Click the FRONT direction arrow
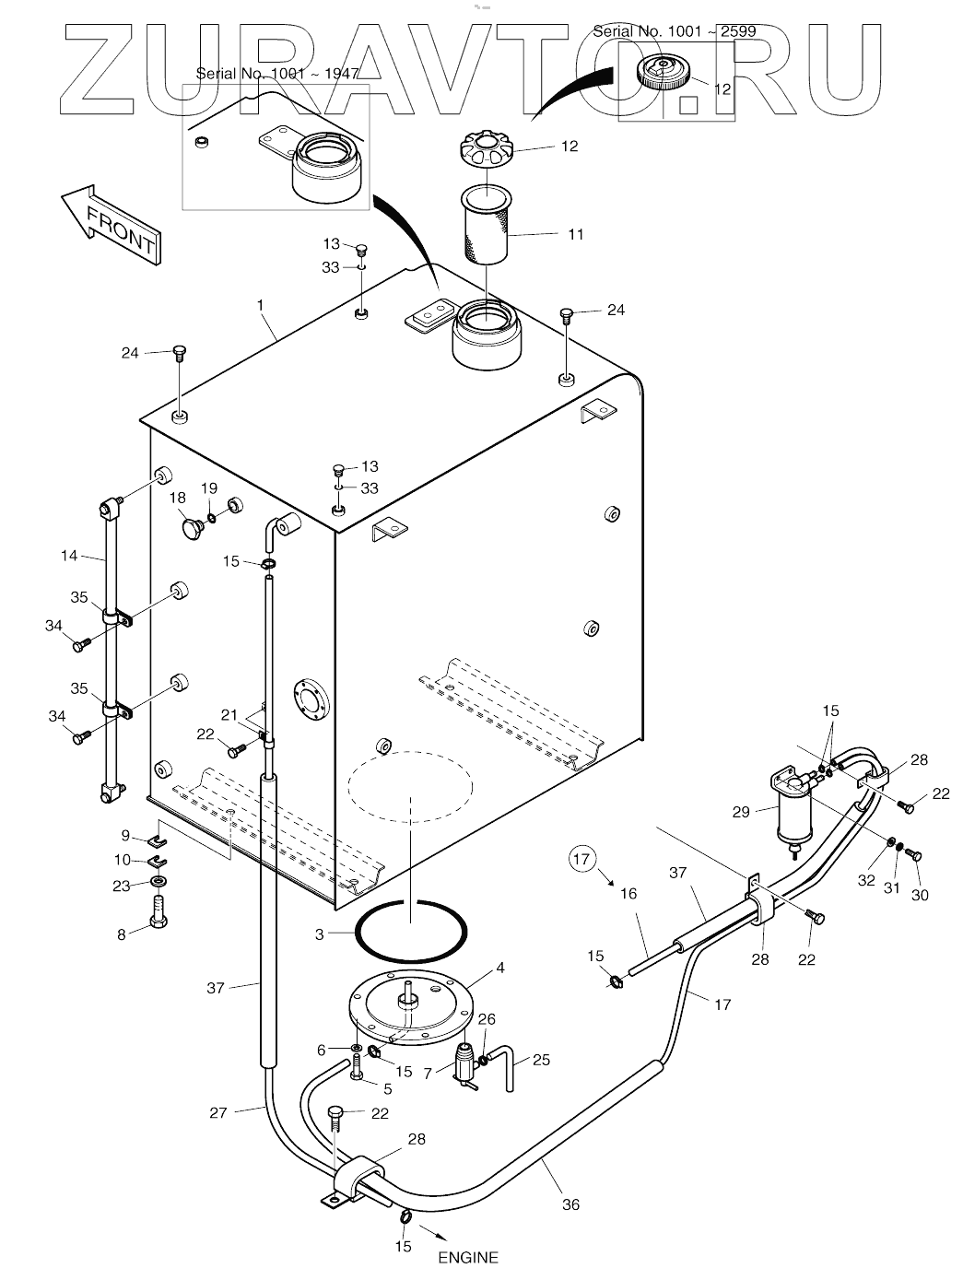111,225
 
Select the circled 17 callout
581,859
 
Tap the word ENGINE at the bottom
468,1257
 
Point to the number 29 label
740,812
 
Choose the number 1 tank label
260,305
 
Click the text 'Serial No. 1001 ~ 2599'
675,31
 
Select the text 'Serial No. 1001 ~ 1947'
277,74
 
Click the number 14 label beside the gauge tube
69,556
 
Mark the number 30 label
920,895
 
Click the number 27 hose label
218,1112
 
